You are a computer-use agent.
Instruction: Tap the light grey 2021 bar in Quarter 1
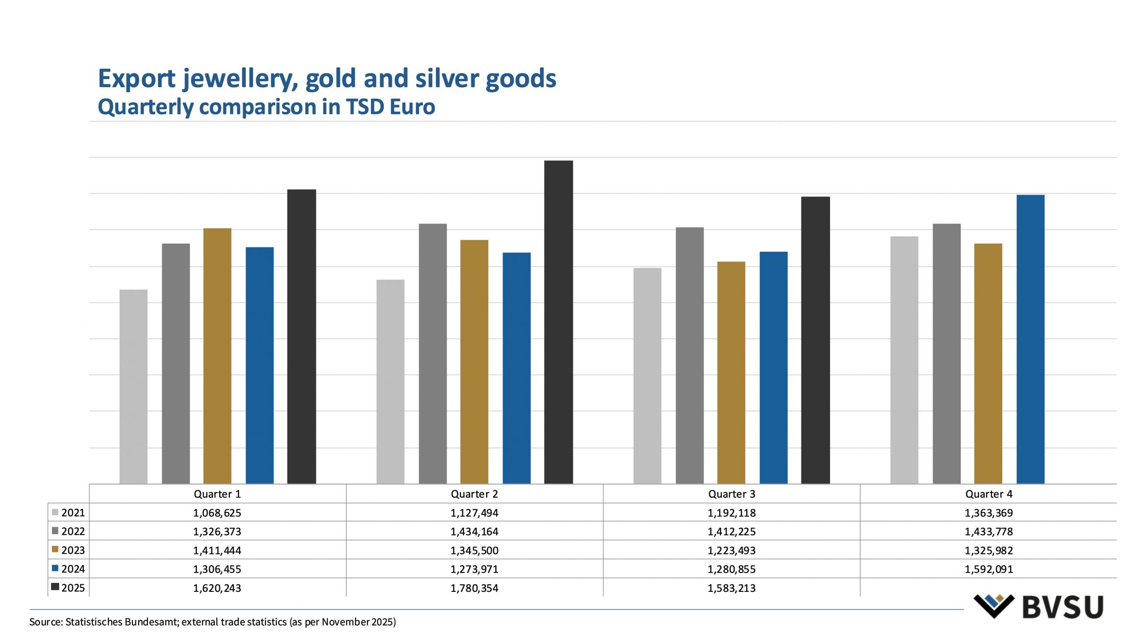(x=133, y=386)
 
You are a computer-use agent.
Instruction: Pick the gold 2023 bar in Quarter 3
(x=731, y=372)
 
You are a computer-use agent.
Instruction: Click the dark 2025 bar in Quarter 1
(x=301, y=336)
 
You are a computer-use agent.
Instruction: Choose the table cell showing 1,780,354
(x=474, y=588)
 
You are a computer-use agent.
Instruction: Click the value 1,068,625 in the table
(x=217, y=513)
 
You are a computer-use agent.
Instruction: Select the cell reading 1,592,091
(x=988, y=569)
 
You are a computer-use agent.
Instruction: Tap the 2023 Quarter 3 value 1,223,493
(x=731, y=550)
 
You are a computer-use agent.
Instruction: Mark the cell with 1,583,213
(x=731, y=588)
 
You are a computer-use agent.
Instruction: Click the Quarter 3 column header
(x=731, y=494)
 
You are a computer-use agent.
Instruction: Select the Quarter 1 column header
(x=217, y=494)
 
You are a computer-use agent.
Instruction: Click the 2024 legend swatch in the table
(x=55, y=569)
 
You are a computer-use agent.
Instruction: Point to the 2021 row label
(x=73, y=513)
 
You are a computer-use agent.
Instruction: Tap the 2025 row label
(x=73, y=588)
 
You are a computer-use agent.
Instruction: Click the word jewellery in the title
(x=240, y=79)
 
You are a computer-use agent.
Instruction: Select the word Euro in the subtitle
(x=412, y=107)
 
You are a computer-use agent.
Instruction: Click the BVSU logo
(x=1038, y=607)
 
